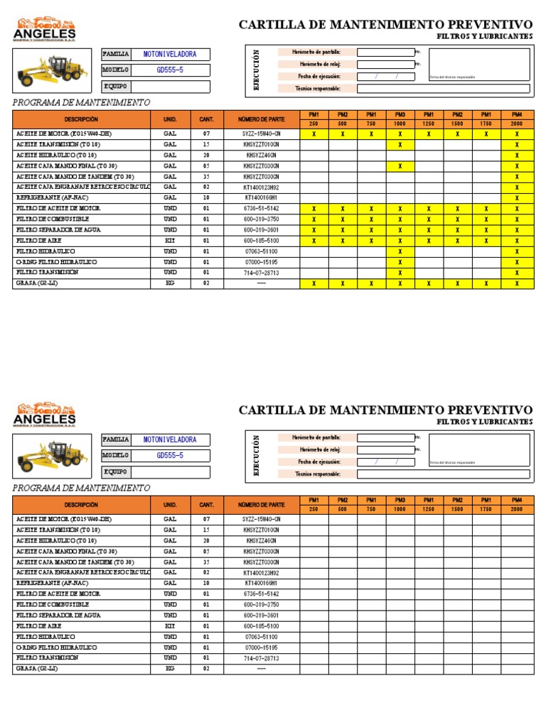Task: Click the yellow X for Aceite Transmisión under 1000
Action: (x=400, y=144)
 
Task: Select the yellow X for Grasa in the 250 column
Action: (x=314, y=283)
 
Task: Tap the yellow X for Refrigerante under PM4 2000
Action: (x=517, y=198)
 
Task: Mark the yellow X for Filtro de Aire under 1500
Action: (x=458, y=241)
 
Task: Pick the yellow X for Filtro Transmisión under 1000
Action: (x=400, y=273)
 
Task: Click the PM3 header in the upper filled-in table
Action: (x=400, y=114)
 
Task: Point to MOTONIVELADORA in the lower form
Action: (x=170, y=440)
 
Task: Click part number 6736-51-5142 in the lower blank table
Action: (x=262, y=594)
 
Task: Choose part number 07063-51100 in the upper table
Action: (x=262, y=251)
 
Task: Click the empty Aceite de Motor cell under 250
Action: (x=314, y=519)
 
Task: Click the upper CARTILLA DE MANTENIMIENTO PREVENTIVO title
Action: (x=385, y=25)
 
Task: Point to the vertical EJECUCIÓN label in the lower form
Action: (x=257, y=455)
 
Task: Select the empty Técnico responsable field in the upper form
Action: (x=443, y=89)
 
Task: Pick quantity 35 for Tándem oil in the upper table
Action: (x=206, y=177)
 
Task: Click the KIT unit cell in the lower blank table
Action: (x=170, y=625)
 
